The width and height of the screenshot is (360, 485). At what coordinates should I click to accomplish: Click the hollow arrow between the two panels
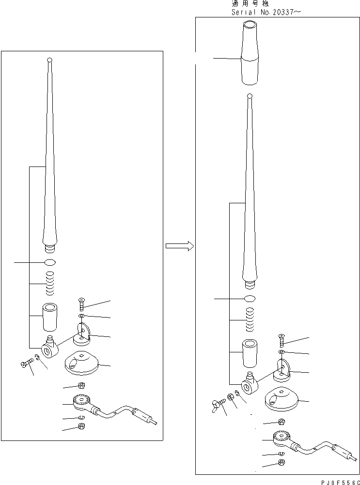coord(179,246)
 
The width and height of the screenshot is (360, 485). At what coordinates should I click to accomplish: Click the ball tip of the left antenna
coord(49,60)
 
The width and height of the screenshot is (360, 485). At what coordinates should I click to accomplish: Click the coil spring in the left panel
coord(50,284)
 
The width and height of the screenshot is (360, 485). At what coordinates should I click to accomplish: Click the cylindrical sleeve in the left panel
coord(50,316)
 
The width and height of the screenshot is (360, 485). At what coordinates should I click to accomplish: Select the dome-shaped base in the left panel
coord(80,363)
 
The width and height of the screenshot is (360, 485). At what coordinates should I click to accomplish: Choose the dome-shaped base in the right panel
coord(281,399)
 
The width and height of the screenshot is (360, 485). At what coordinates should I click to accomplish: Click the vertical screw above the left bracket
coord(81,305)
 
